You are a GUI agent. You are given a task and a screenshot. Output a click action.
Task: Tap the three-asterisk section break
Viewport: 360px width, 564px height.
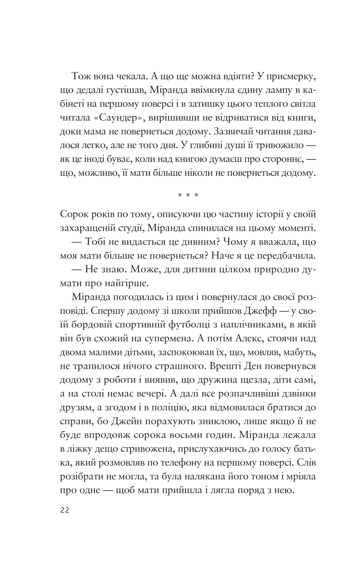pos(188,195)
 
